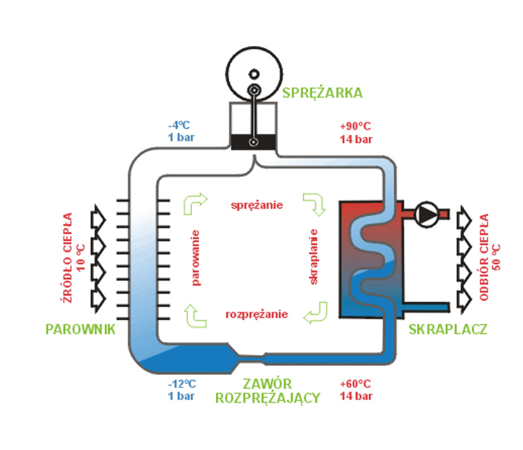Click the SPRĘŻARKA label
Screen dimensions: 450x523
(x=322, y=93)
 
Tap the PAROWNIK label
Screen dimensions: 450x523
(x=81, y=330)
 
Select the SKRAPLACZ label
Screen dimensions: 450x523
(x=448, y=330)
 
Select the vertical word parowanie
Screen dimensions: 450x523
(x=196, y=258)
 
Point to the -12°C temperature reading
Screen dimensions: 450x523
(x=182, y=384)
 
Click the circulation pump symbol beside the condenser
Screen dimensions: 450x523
(x=426, y=213)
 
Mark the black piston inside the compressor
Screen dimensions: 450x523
(x=253, y=143)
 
